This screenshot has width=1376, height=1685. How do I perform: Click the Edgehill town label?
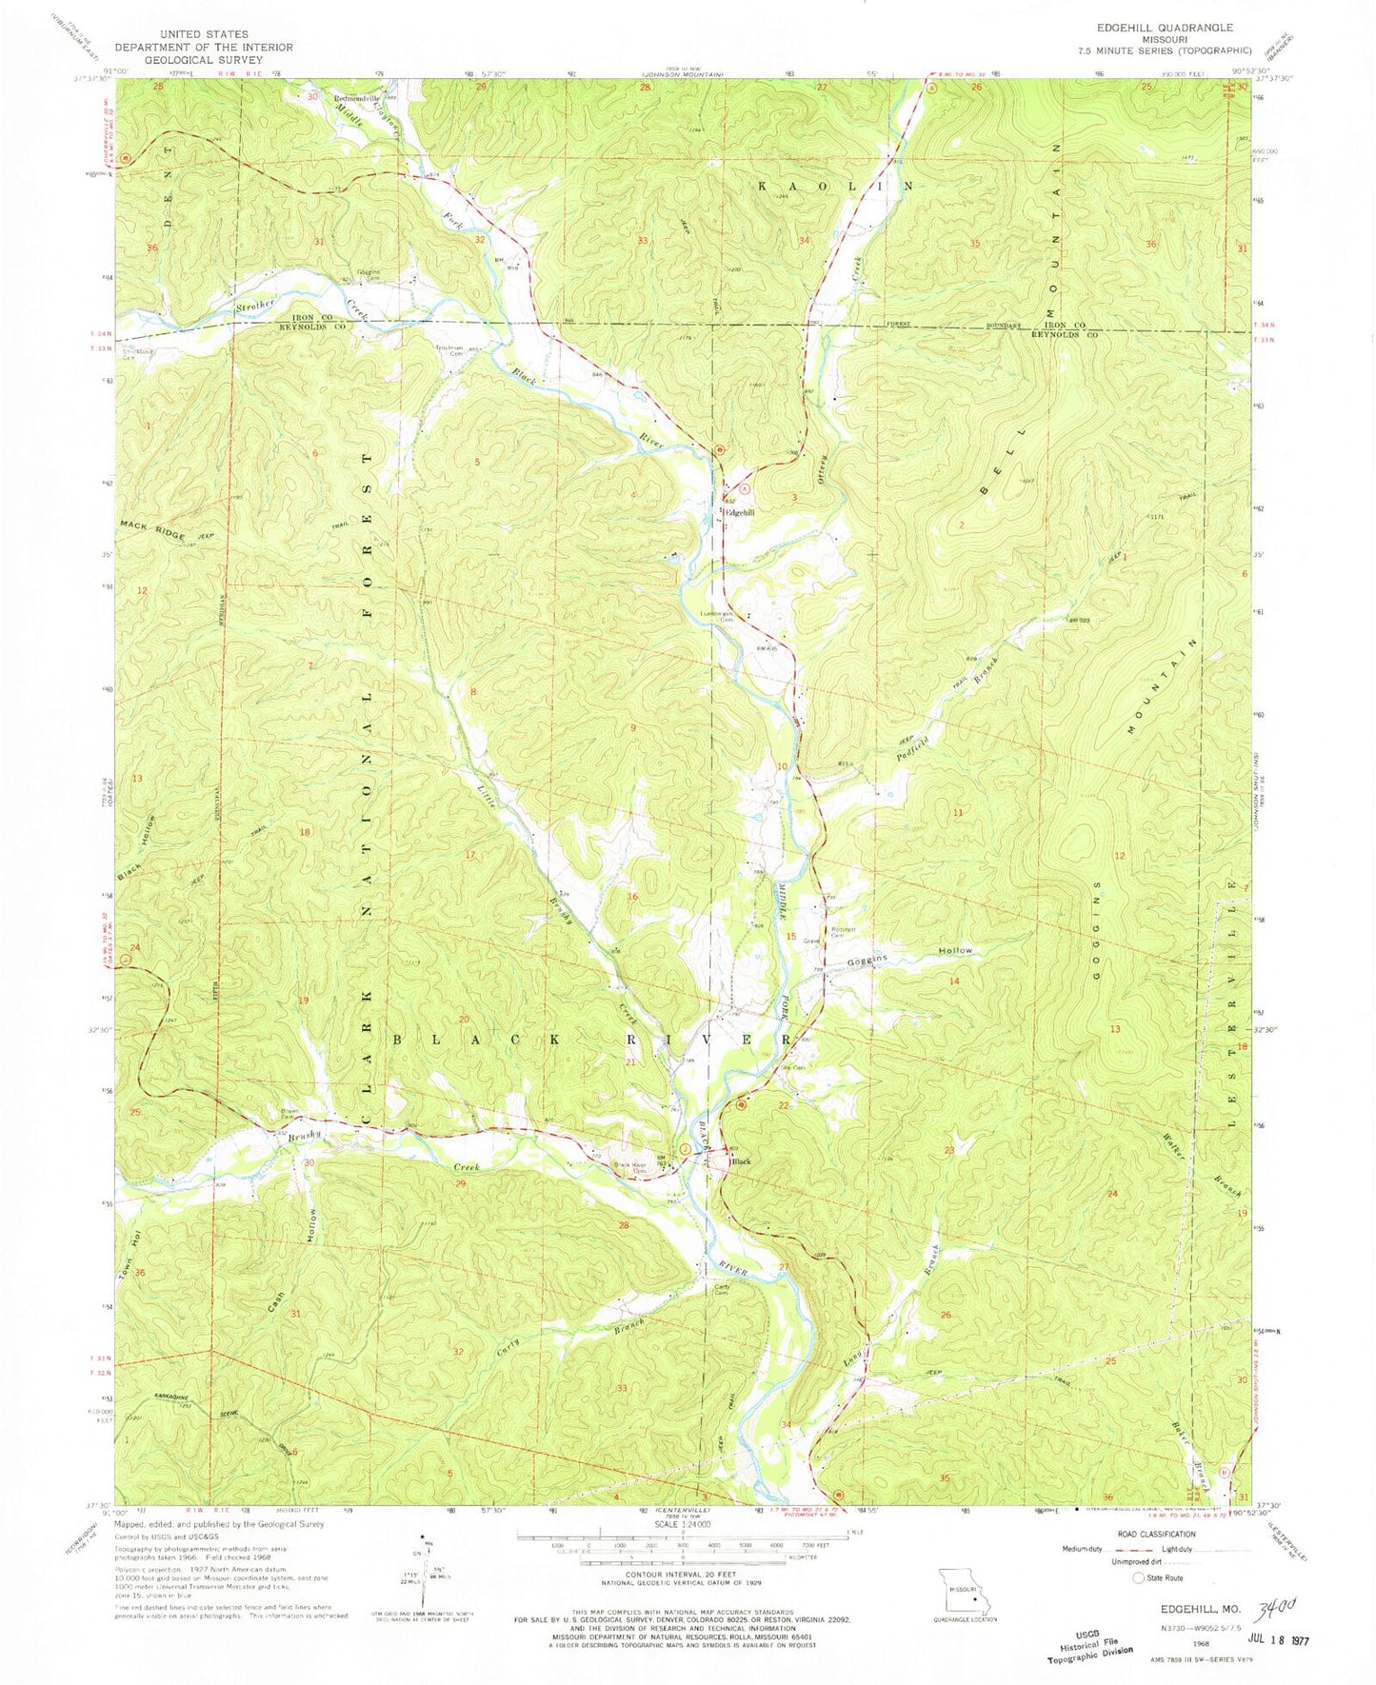click(x=741, y=512)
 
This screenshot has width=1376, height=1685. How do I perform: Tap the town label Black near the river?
click(x=741, y=1161)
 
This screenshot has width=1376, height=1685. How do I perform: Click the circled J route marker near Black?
click(x=672, y=1161)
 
